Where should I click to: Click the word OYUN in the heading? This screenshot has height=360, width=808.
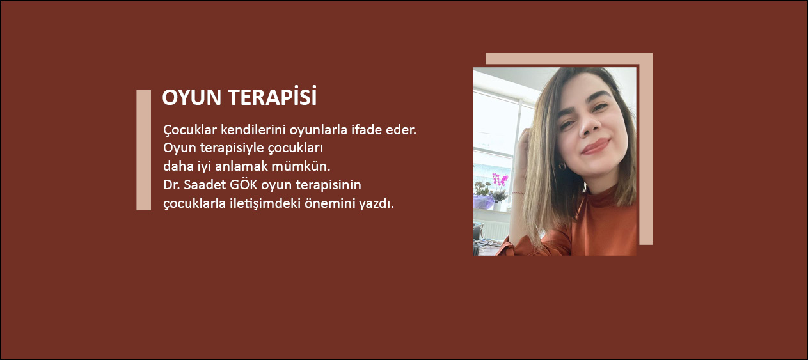[x=191, y=97]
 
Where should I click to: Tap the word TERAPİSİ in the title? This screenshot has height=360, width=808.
[x=273, y=96]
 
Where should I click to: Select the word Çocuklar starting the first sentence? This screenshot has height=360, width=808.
[x=190, y=130]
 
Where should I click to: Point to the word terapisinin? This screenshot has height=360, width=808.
[x=328, y=185]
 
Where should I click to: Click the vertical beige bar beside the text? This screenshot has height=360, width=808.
[x=143, y=150]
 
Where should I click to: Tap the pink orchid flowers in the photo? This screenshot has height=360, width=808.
[x=500, y=180]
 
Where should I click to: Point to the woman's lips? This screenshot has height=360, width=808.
[x=596, y=146]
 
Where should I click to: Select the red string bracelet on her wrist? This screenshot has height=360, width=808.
[x=518, y=193]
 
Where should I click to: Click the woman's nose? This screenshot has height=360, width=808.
[x=590, y=126]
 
